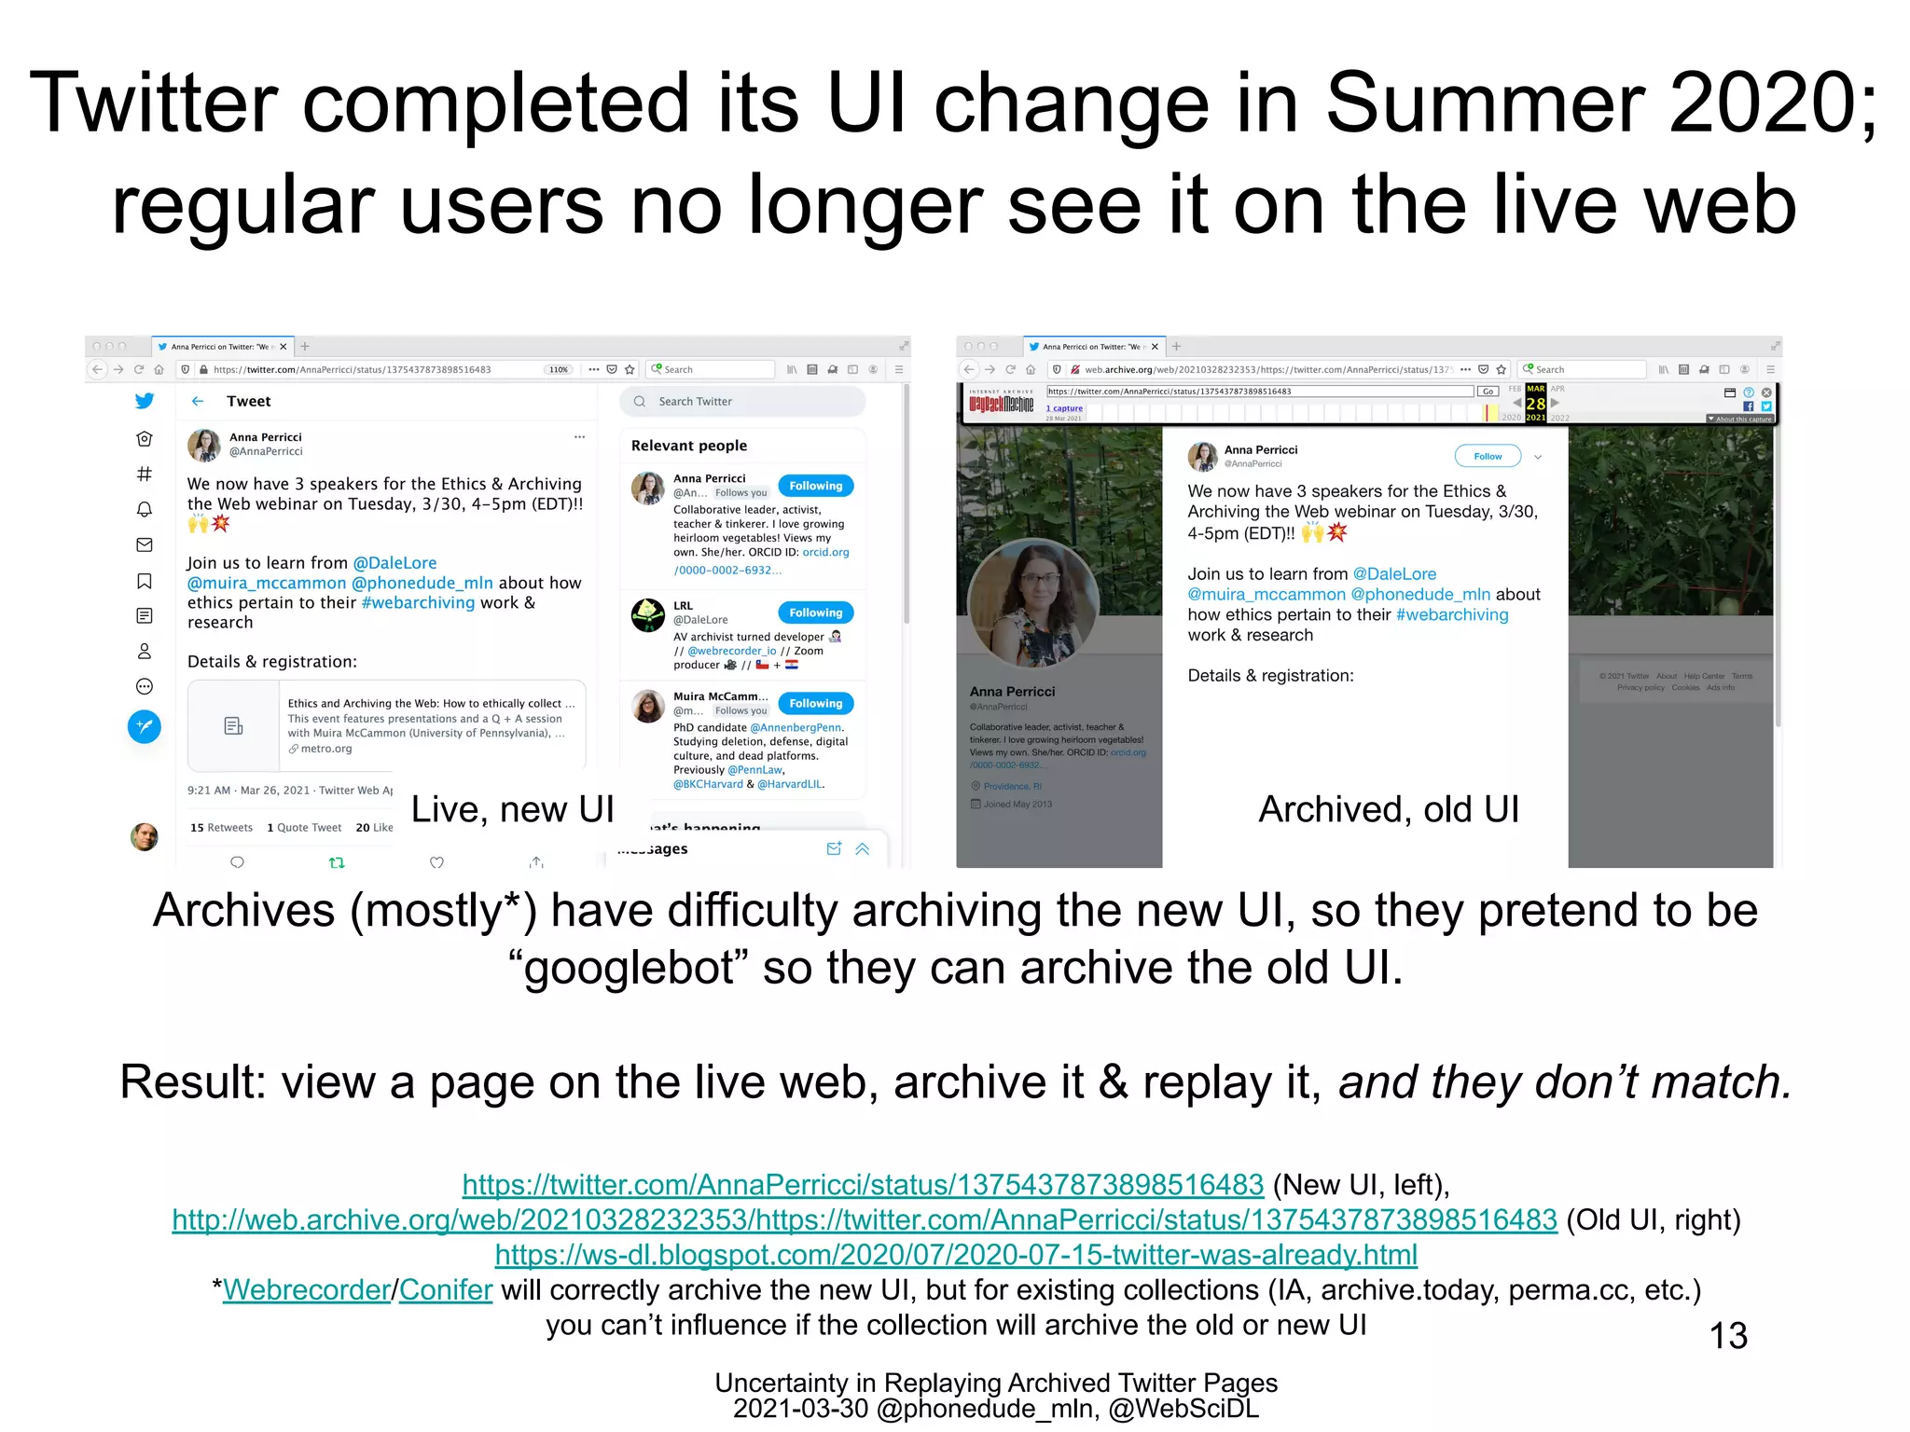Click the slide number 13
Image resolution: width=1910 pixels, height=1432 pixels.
1727,1336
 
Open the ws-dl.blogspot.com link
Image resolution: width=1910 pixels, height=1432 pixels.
955,1255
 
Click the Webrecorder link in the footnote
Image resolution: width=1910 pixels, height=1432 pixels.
306,1290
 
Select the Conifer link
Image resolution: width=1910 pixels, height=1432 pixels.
446,1290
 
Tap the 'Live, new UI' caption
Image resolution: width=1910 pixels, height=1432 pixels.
512,809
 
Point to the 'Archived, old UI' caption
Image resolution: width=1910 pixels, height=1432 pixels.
1389,809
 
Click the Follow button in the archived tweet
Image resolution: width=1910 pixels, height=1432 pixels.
1488,456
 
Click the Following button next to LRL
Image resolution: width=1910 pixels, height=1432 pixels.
815,613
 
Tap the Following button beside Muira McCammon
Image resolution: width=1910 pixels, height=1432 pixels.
815,703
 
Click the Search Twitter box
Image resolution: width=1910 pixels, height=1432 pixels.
742,402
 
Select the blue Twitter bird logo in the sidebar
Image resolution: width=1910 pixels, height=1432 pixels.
145,401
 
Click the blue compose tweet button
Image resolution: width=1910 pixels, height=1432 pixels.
145,726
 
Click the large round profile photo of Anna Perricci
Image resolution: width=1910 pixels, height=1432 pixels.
1032,605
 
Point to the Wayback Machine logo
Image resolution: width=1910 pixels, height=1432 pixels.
1001,404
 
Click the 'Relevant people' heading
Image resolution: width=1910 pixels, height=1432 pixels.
689,446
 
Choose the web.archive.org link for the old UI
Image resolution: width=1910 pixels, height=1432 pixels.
865,1220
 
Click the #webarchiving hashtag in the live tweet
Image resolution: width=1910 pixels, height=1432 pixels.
418,603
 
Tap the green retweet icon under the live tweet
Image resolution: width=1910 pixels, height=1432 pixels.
337,862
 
